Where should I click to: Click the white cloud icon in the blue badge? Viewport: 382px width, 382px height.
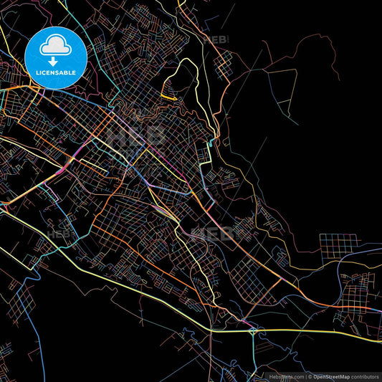(55, 45)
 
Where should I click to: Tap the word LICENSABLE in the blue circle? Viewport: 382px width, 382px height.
(55, 72)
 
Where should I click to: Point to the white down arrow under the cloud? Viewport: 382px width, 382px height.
(55, 62)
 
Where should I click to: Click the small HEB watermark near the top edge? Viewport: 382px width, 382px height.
(215, 41)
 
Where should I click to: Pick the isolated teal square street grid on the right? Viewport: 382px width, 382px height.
(338, 248)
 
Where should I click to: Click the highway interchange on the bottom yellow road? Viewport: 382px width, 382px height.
(252, 330)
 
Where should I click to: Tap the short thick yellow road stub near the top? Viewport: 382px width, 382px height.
(168, 97)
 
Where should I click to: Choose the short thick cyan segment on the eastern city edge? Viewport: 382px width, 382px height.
(209, 151)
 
